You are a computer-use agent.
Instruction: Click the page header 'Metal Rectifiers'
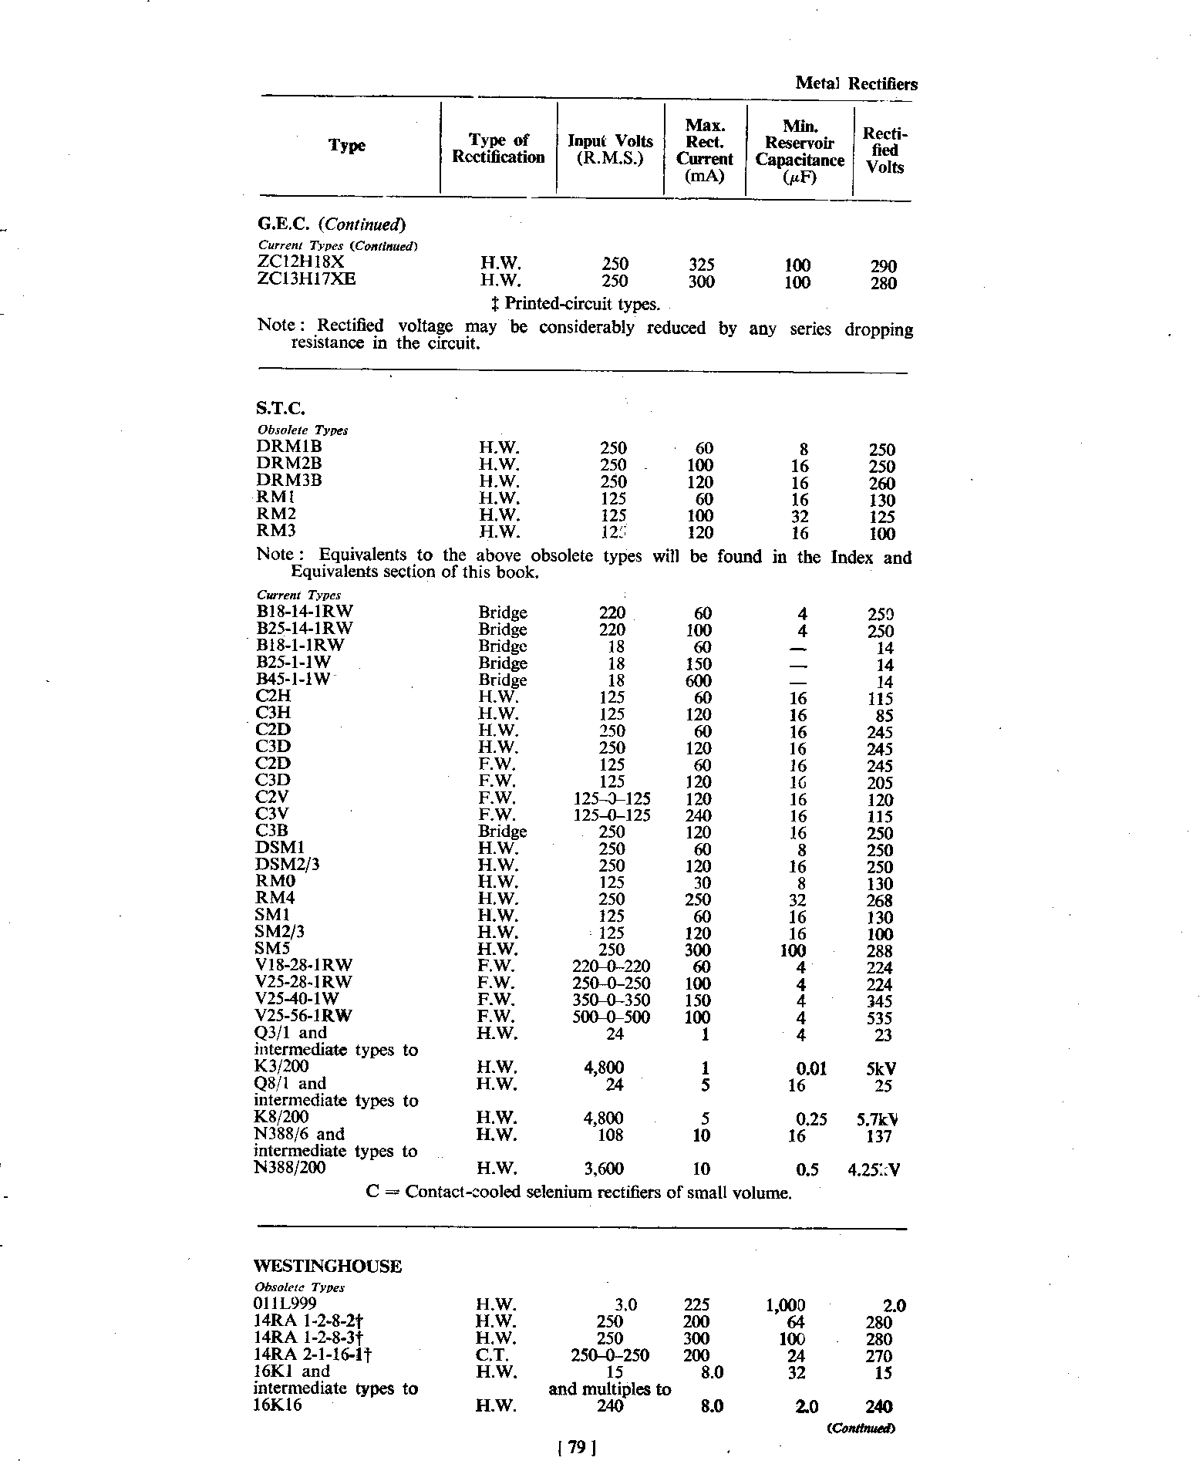click(x=856, y=84)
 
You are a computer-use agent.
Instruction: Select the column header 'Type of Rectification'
click(x=498, y=148)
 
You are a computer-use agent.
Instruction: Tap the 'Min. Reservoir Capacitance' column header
click(x=800, y=151)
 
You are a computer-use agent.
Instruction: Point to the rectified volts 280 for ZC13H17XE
click(x=883, y=283)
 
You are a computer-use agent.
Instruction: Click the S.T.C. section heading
click(x=275, y=408)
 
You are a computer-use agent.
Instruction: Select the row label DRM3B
click(x=288, y=480)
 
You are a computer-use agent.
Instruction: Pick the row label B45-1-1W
click(x=292, y=679)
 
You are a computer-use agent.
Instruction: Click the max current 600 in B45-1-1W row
click(x=699, y=681)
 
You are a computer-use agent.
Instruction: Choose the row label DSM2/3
click(x=287, y=865)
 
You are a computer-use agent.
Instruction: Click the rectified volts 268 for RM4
click(x=879, y=901)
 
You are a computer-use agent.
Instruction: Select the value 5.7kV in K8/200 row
click(x=878, y=1119)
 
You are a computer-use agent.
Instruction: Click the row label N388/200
click(x=290, y=1168)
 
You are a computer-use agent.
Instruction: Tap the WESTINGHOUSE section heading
click(x=328, y=1267)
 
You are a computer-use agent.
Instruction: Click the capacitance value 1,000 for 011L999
click(x=785, y=1305)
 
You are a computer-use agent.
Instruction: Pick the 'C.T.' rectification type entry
click(x=491, y=1355)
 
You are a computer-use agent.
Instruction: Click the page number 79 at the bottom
click(x=576, y=1448)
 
